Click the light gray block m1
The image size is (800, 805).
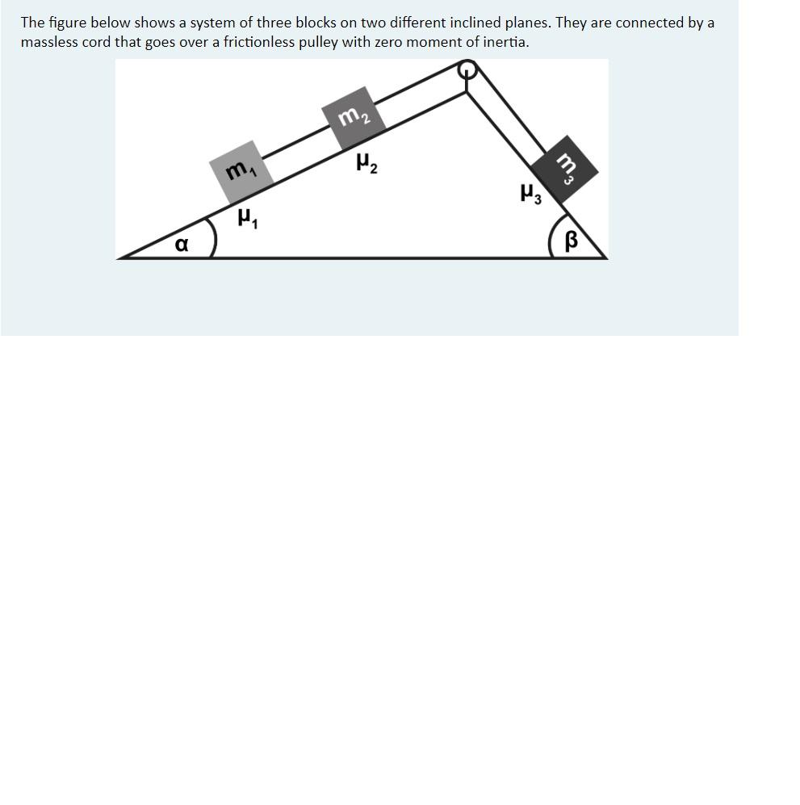tap(238, 169)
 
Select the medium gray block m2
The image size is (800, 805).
tap(352, 118)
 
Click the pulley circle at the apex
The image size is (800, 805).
tap(467, 71)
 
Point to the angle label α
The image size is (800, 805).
tap(182, 243)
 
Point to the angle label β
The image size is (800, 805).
tap(572, 241)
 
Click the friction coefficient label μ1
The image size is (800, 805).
tap(247, 218)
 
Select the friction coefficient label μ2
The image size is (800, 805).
tap(366, 165)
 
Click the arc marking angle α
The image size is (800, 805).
tap(212, 236)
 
